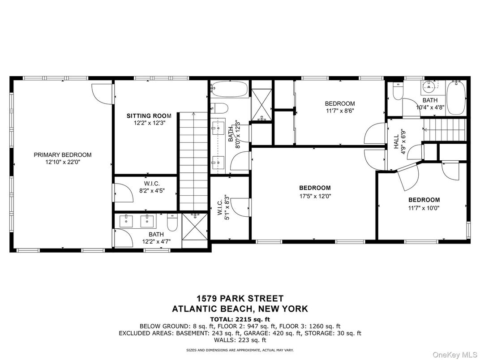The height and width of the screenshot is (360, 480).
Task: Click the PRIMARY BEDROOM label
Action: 62,155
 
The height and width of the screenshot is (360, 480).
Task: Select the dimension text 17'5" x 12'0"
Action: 315,196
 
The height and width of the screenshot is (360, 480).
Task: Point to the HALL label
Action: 396,143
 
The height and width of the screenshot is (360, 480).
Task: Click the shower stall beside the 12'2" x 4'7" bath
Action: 195,229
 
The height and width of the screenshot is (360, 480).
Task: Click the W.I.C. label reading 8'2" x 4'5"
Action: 152,187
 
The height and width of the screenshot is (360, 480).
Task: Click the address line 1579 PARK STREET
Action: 240,299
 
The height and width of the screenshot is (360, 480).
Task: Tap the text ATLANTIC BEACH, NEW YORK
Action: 240,309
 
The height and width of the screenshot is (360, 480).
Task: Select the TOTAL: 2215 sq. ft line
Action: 240,319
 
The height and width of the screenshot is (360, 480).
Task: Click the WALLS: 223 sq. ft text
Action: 240,340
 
